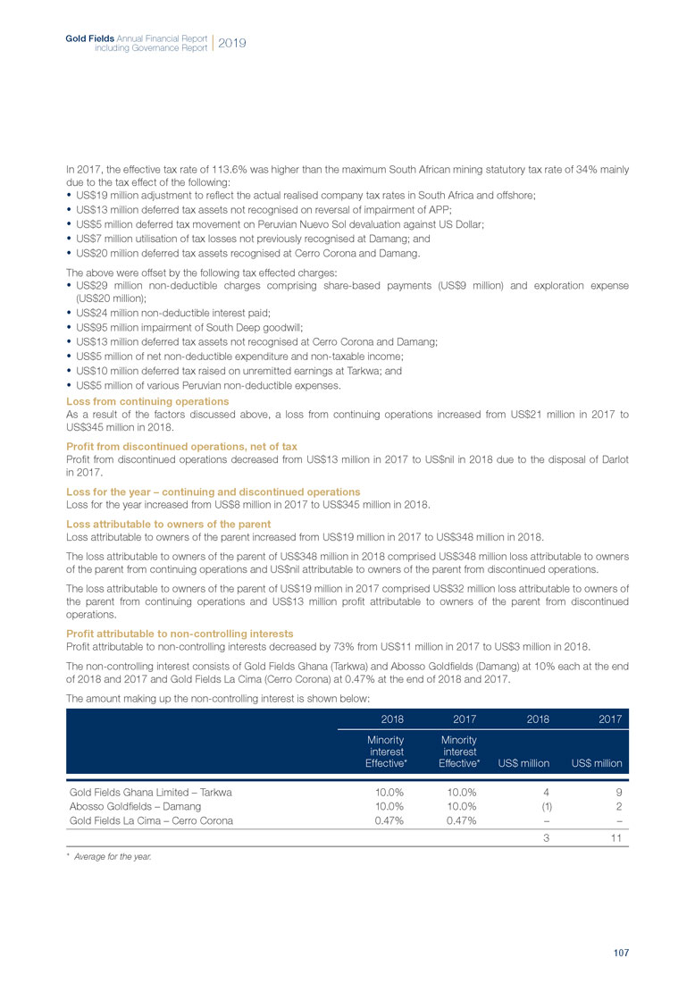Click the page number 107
pos(621,954)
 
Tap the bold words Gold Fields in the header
pos(86,38)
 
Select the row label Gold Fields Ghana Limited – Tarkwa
pos(144,791)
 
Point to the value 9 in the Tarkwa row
pos(618,791)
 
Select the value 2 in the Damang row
pos(618,805)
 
